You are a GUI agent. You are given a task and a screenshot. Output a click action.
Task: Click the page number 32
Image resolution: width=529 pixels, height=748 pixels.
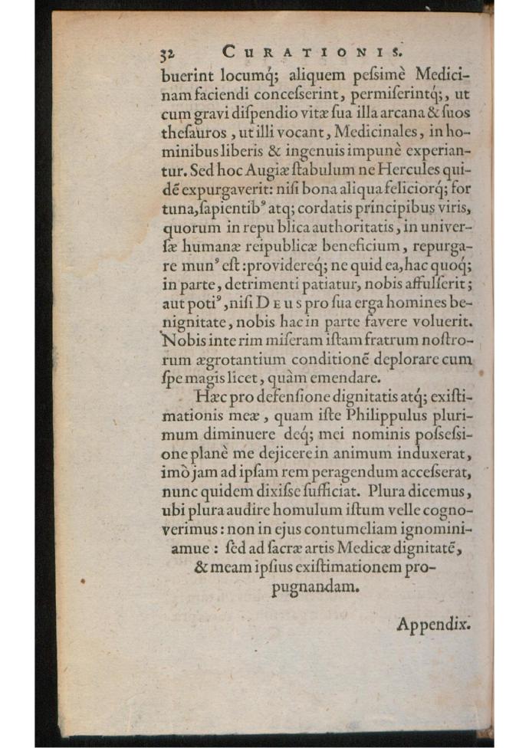click(x=169, y=54)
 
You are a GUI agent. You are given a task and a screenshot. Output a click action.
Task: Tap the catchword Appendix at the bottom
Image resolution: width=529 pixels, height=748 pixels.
click(x=432, y=624)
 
